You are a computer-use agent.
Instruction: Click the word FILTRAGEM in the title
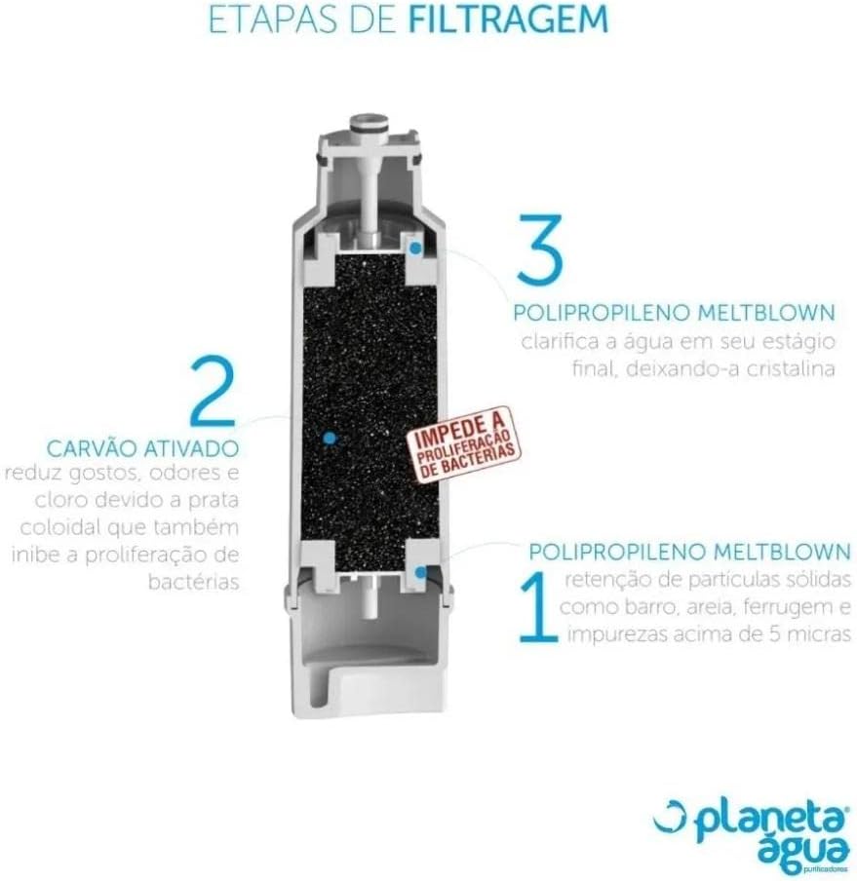tap(508, 19)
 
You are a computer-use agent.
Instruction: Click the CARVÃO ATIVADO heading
tap(142, 448)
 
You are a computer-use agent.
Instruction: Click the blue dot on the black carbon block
tap(331, 439)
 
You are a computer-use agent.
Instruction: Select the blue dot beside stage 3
tap(415, 248)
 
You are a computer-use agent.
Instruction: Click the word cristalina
tap(790, 369)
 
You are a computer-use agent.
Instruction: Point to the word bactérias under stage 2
tap(194, 582)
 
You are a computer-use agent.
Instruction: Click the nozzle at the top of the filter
tap(369, 123)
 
